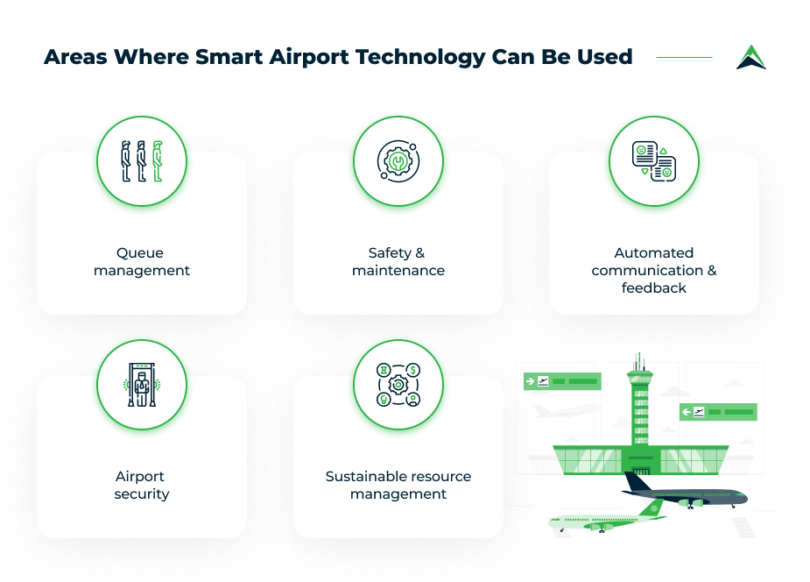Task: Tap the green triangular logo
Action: [x=751, y=57]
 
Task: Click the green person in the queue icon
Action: [x=158, y=161]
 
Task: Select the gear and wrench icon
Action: [x=398, y=161]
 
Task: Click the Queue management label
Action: [x=142, y=261]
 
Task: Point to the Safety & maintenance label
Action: [x=398, y=261]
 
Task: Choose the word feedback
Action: [x=653, y=287]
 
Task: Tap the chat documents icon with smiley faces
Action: [x=654, y=161]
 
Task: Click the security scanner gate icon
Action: [x=142, y=385]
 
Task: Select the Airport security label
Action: [x=142, y=485]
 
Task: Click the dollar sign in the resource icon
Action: [x=412, y=370]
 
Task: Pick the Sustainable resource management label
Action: [x=398, y=485]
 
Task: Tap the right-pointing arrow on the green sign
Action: [x=530, y=381]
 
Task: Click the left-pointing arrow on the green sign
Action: [x=686, y=412]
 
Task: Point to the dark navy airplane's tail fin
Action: [x=637, y=482]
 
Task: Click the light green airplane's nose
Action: [x=551, y=522]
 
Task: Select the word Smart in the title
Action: [x=229, y=57]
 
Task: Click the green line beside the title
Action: [x=684, y=57]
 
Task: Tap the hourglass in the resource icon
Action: [x=384, y=370]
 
